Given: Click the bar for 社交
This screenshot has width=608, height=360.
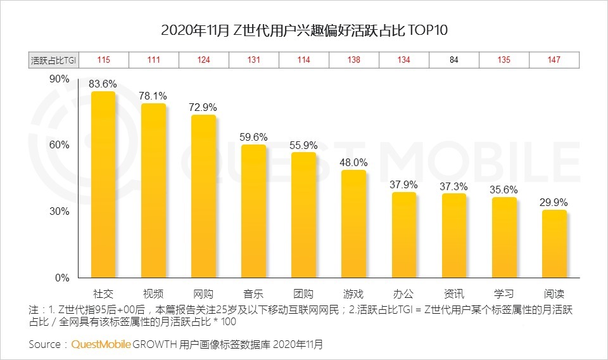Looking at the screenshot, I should point(103,184).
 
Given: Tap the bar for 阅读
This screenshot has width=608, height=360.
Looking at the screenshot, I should point(554,244).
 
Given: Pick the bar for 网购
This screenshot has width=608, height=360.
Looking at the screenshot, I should point(203,196).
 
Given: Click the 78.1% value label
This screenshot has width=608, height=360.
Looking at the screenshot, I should point(153,96).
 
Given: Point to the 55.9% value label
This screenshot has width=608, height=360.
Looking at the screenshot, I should point(303,145).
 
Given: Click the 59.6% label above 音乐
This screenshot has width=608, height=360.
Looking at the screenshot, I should point(253,137).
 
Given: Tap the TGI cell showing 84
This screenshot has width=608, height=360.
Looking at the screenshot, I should point(454,60).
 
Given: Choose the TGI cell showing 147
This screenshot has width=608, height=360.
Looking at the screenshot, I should point(554,60).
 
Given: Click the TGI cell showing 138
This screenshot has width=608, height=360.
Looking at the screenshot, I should point(353,60).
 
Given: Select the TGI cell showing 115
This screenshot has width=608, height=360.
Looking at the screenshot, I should point(103,60).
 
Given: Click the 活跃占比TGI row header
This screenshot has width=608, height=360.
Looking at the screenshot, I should point(53,60).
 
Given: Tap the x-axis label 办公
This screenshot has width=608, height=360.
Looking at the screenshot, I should point(403,294).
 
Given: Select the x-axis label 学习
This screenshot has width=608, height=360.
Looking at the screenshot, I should point(503,294).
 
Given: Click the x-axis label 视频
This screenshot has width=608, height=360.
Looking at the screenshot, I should point(153,294).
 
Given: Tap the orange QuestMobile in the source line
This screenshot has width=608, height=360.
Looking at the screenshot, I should point(101,344).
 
